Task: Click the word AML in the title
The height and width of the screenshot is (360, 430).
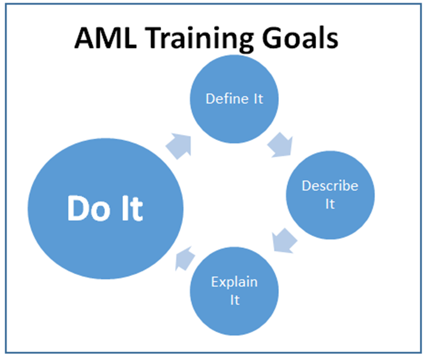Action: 106,38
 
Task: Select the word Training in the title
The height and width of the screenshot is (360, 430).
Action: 201,40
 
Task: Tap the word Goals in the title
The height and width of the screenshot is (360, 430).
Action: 300,38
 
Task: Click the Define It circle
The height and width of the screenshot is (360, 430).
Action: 234,99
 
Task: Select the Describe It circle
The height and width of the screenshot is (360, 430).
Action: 330,195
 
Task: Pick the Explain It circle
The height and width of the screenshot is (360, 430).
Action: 234,291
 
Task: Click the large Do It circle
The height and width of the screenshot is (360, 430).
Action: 106,209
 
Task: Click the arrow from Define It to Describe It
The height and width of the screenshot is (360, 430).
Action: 280,145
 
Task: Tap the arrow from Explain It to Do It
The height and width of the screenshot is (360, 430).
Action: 185,259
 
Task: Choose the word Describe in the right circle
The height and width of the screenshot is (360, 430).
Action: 330,186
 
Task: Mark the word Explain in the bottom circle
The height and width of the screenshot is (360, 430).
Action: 234,283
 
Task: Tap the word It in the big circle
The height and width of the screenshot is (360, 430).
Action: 133,208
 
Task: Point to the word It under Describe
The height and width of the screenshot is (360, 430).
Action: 330,204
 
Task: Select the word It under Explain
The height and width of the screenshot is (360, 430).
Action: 234,300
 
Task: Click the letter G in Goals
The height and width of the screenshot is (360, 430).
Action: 272,38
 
